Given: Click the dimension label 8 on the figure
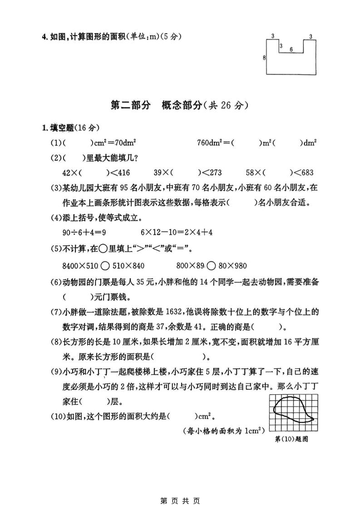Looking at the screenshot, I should [264, 58].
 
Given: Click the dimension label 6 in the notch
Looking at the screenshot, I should [291, 49].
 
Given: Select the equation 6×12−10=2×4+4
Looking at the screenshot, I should [177, 232].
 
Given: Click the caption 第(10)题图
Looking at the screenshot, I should [292, 439].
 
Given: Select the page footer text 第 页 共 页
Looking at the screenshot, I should [180, 501].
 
